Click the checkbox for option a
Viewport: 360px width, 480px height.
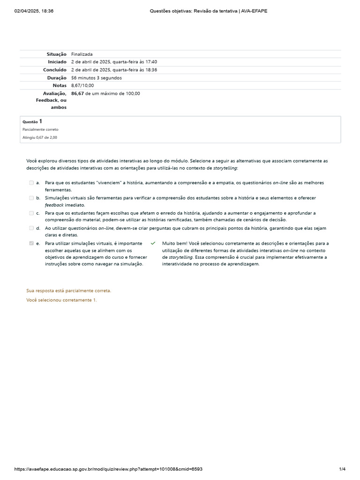[x=31, y=183]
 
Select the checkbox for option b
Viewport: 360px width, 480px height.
[x=31, y=198]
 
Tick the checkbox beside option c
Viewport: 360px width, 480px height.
[x=31, y=213]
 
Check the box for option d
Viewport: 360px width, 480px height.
[x=31, y=228]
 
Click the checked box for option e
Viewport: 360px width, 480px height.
[x=31, y=243]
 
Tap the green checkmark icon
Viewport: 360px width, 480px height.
[x=153, y=243]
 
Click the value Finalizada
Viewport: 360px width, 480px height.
[x=82, y=54]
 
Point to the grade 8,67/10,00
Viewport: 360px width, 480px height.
[x=82, y=85]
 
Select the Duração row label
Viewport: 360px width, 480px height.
[x=57, y=78]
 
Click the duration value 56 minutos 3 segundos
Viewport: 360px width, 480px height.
[x=97, y=78]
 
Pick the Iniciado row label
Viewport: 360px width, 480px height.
[x=57, y=62]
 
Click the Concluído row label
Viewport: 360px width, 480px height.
[x=55, y=70]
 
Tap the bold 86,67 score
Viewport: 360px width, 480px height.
[x=78, y=93]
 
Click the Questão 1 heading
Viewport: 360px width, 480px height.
[x=32, y=121]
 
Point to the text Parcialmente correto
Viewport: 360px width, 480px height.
[x=40, y=129]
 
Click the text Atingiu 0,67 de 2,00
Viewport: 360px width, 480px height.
[x=40, y=137]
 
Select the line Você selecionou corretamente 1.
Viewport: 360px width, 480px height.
[x=61, y=300]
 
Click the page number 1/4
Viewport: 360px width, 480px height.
[x=342, y=469]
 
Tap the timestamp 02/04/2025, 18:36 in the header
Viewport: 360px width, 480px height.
[x=34, y=11]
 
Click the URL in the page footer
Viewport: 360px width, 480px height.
[x=108, y=469]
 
